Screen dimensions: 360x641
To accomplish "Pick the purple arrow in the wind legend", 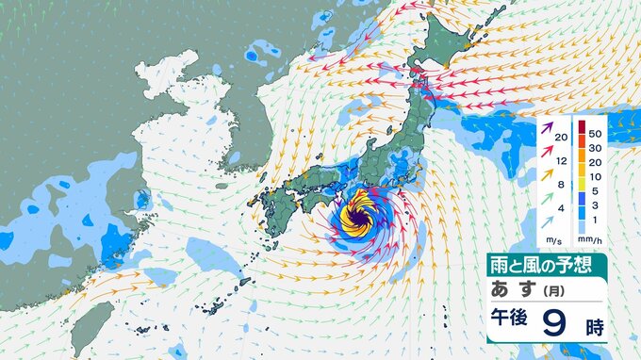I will click(x=548, y=126).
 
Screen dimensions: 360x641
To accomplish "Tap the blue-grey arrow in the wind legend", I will click(x=548, y=224).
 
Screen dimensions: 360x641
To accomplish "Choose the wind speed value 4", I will click(x=562, y=208).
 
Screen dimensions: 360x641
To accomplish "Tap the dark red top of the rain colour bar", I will click(x=583, y=125).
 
